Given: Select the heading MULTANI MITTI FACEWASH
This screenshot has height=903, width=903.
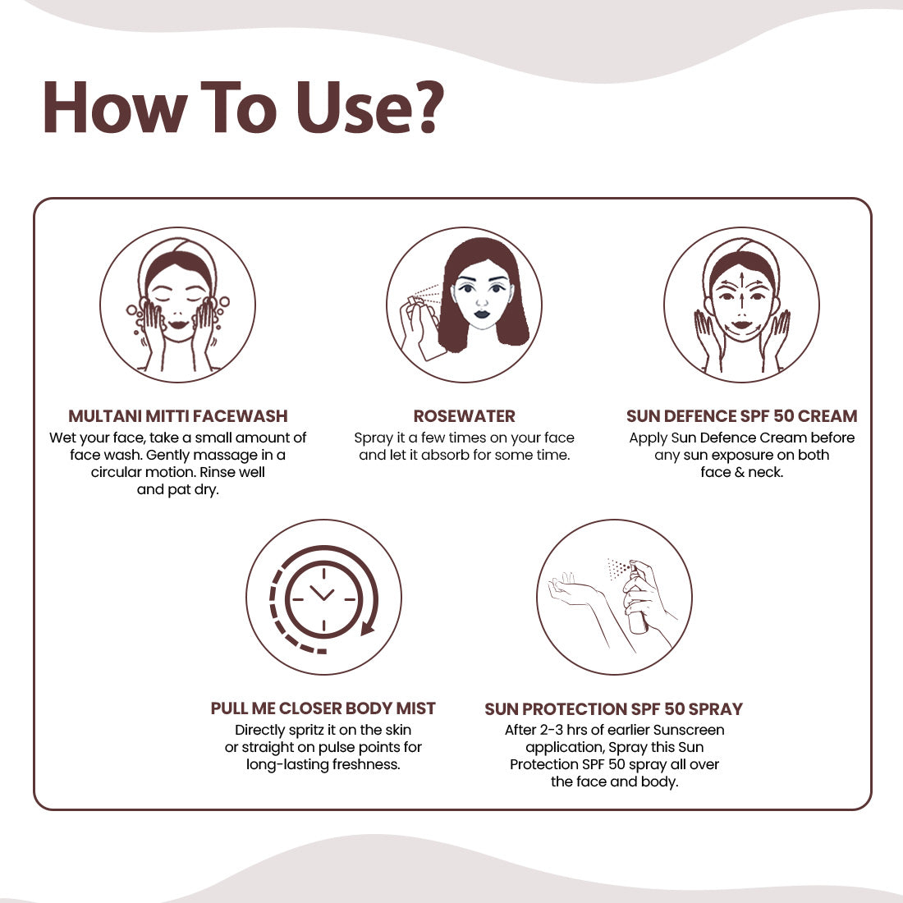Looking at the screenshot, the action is click(178, 416).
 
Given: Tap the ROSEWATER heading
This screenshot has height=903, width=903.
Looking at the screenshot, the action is click(464, 416).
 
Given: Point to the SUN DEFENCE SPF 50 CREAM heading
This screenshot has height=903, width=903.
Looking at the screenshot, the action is click(742, 416).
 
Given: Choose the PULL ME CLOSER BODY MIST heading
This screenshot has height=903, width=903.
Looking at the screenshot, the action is click(323, 708).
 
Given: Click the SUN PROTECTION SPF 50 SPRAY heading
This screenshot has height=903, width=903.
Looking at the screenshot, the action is click(614, 708).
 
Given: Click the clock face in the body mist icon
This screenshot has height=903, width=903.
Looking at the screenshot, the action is click(323, 599).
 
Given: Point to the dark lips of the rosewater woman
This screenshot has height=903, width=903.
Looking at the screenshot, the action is click(481, 314).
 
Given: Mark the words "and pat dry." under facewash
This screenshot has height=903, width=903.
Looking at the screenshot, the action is click(178, 489).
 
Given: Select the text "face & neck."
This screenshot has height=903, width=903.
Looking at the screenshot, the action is click(742, 472).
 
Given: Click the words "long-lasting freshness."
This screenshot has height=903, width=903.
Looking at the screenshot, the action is click(323, 764).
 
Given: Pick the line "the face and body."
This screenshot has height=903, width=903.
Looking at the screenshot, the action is click(615, 782).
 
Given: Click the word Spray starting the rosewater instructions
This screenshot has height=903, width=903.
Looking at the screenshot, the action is click(374, 438).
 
